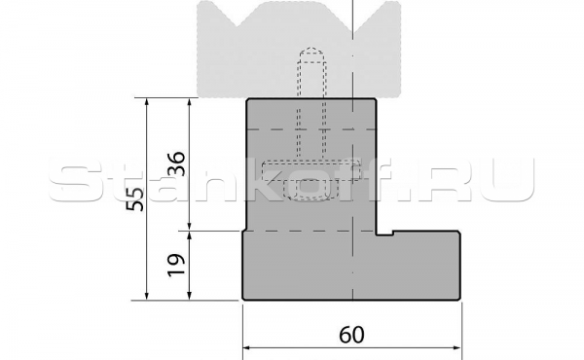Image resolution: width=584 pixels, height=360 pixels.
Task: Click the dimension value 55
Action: [x=135, y=199]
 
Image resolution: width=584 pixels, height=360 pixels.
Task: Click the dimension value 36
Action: [x=176, y=163]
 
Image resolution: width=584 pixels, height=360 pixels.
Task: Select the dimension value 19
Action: [x=176, y=265]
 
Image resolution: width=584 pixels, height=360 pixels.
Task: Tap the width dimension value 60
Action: [x=351, y=335]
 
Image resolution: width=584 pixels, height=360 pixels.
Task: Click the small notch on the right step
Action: [x=385, y=234]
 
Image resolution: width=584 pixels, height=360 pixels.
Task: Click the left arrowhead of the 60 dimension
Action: [x=247, y=348]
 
